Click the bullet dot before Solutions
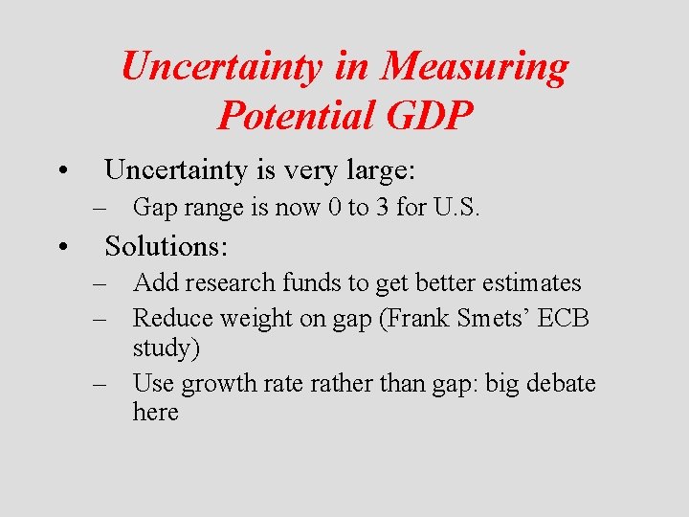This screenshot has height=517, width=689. pyautogui.click(x=60, y=248)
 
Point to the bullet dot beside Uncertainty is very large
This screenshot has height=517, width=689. pyautogui.click(x=60, y=173)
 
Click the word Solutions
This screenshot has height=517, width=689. pyautogui.click(x=166, y=246)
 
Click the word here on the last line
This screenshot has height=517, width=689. pyautogui.click(x=155, y=413)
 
